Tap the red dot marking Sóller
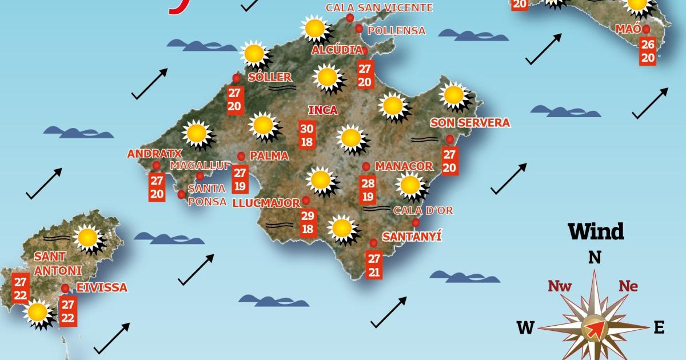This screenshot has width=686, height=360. [x=236, y=78]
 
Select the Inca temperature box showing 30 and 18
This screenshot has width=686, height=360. [x=307, y=135]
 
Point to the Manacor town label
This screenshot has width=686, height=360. [x=404, y=166]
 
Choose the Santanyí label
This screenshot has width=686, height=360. [x=412, y=236]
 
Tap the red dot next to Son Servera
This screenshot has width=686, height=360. [x=450, y=139]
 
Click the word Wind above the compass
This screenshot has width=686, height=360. [x=595, y=232]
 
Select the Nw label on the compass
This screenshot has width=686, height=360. [x=560, y=286]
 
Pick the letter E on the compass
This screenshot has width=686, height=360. [x=659, y=327]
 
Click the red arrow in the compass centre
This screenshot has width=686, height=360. [x=595, y=329]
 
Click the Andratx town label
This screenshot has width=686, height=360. [x=154, y=154]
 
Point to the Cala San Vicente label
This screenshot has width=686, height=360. [x=379, y=8]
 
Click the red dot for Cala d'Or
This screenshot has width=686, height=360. [x=416, y=222]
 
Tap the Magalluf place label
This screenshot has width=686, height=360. [x=200, y=165]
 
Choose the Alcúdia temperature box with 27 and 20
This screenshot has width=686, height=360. [x=365, y=75]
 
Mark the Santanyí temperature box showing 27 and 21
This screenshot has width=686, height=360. [x=374, y=265]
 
